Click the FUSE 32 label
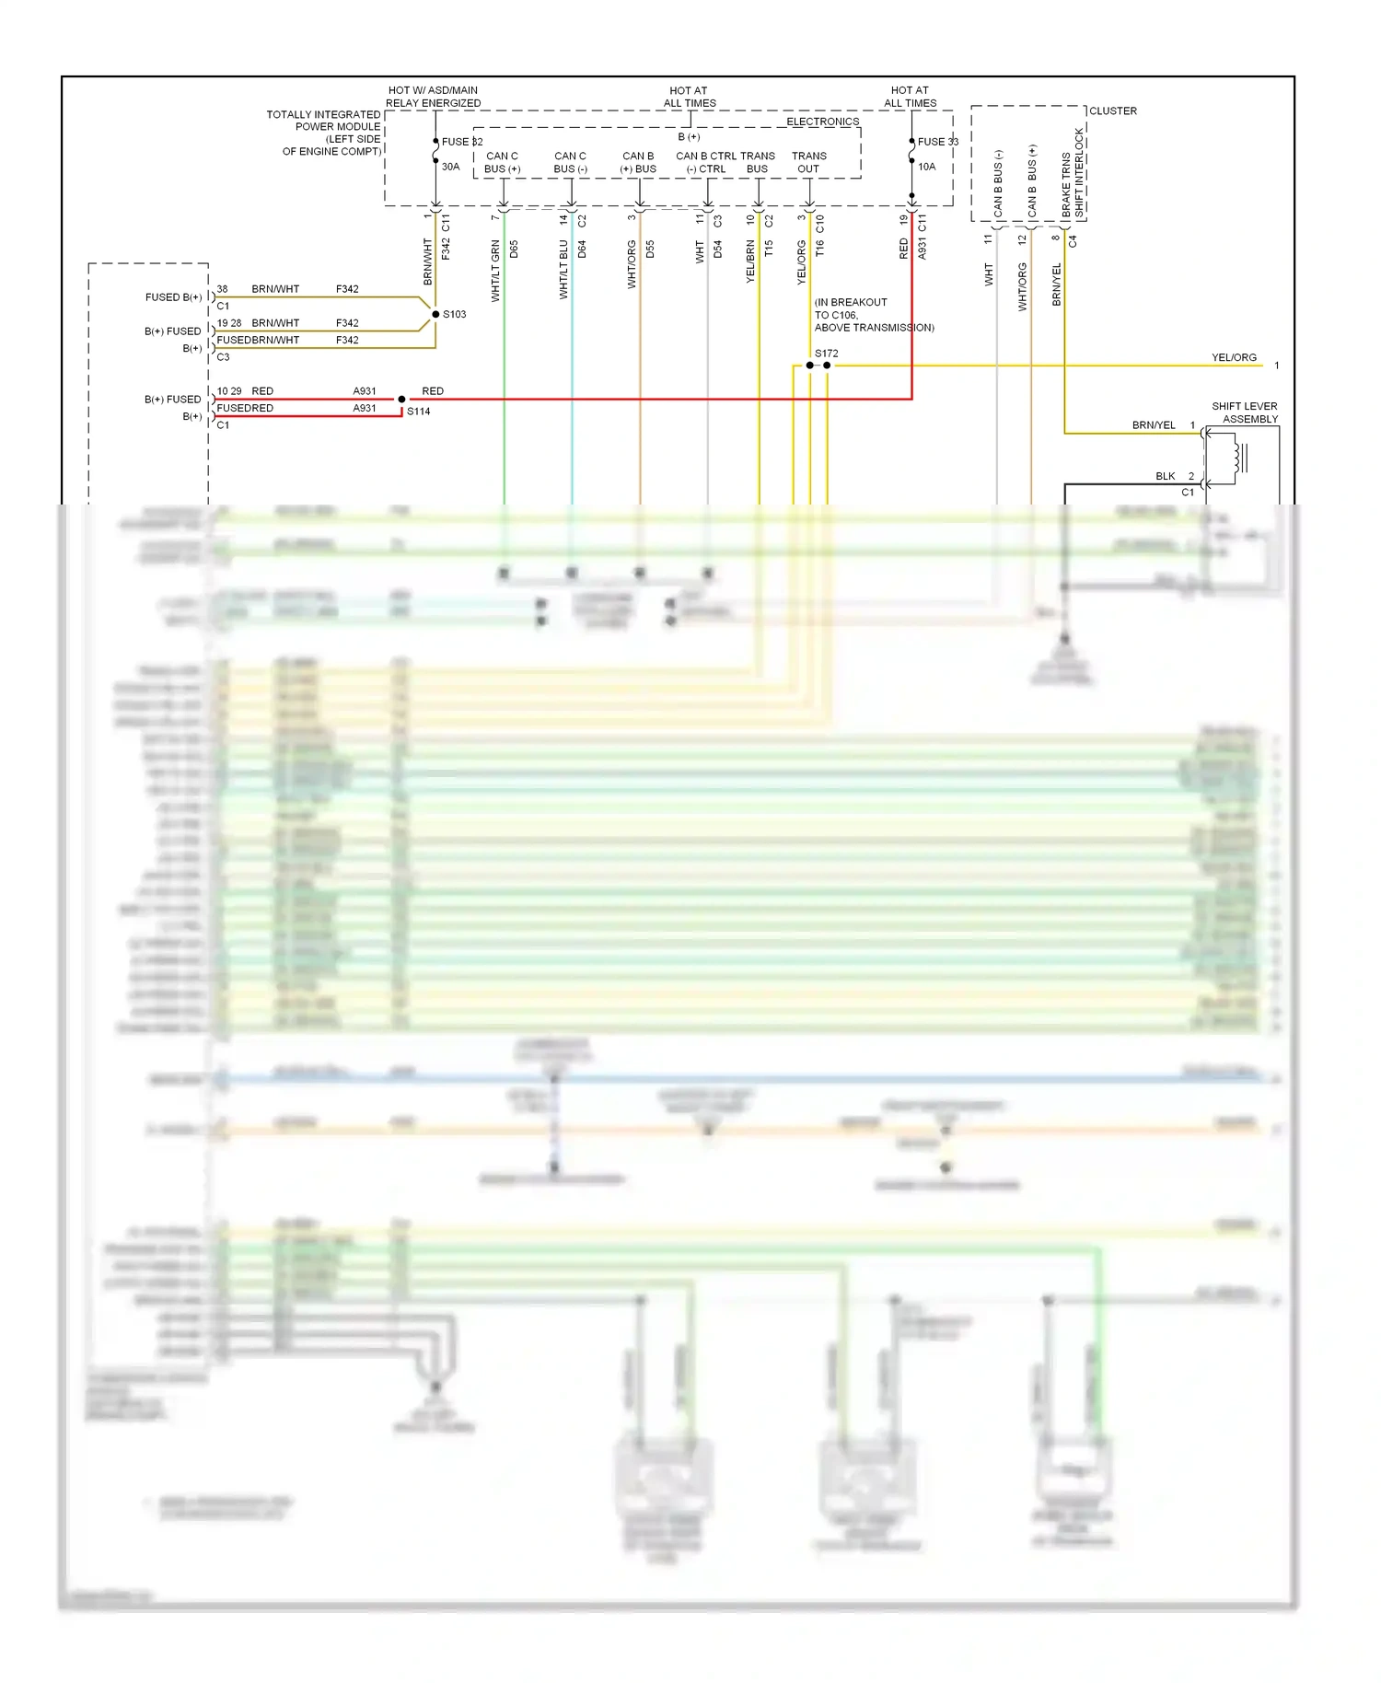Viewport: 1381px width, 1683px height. pos(461,142)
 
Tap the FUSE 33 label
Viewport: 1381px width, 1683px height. pos(937,142)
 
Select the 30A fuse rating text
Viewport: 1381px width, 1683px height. pos(450,167)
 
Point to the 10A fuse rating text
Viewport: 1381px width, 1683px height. pos(926,167)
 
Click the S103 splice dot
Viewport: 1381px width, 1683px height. pos(435,315)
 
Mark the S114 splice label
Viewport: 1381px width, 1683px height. pos(418,412)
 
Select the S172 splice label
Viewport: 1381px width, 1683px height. pos(826,354)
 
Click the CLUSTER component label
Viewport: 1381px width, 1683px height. pos(1112,111)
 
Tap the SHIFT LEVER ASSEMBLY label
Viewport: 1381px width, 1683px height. pos(1244,412)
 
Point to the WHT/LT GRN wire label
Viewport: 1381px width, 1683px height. pos(495,271)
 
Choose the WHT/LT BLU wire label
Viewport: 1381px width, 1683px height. pos(563,269)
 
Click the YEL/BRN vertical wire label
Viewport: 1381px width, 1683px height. pos(750,261)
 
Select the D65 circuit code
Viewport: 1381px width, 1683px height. pos(514,249)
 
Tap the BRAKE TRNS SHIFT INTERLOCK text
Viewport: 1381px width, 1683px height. pos(1073,173)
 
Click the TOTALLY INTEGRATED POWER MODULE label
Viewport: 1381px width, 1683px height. pos(324,133)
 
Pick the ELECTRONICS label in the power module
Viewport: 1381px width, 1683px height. pos(822,122)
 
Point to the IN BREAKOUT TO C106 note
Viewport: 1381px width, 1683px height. pos(873,315)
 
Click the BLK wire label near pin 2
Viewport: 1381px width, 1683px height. pos(1165,476)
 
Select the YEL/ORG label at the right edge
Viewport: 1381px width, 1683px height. pos(1234,357)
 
